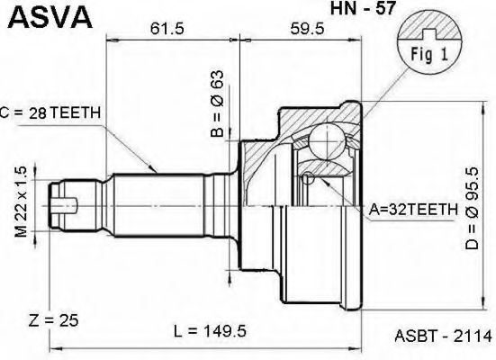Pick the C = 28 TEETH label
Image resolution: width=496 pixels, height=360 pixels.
pyautogui.click(x=54, y=112)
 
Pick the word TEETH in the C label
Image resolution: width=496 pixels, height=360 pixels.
pyautogui.click(x=77, y=112)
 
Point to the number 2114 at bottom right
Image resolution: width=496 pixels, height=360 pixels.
pyautogui.click(x=473, y=339)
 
